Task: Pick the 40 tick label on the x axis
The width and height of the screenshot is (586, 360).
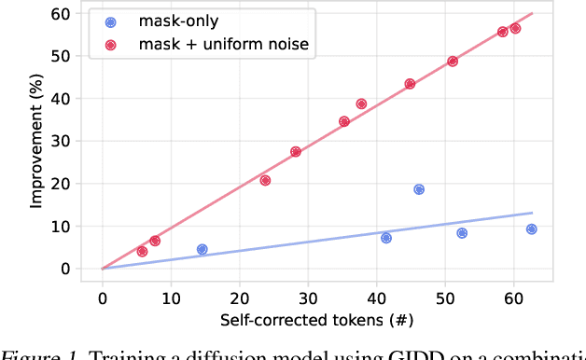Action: point(376,298)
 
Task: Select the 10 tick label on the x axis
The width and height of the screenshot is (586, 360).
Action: point(171,298)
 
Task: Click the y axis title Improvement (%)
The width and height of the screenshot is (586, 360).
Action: point(36,141)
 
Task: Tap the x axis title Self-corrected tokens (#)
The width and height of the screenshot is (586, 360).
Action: point(316,321)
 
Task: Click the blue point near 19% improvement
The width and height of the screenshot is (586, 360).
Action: point(419,189)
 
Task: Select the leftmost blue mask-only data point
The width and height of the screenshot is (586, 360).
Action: point(202,249)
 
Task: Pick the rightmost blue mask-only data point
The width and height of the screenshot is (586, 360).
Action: point(531,229)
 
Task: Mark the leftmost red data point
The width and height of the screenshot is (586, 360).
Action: point(142,251)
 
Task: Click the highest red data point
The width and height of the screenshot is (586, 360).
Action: point(515,28)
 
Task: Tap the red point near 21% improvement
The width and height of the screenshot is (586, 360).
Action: point(265,180)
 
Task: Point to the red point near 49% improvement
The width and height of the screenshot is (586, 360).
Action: point(453,62)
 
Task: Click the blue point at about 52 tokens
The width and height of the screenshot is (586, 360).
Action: point(462,233)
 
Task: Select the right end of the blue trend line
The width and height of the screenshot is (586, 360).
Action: point(532,213)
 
